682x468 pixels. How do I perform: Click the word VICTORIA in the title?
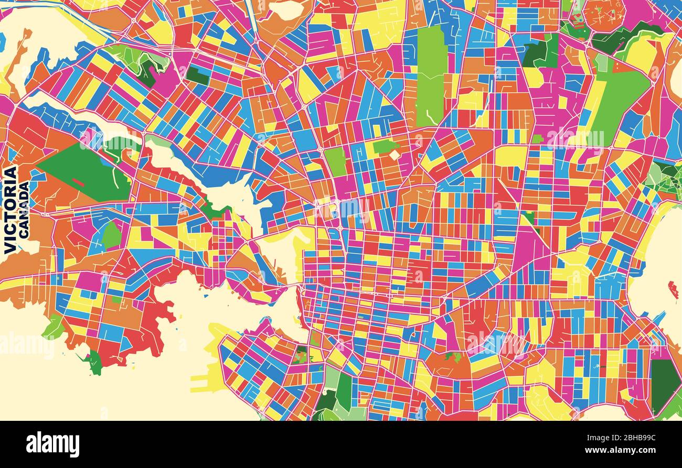click(10, 210)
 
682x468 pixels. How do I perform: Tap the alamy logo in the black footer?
click(52, 444)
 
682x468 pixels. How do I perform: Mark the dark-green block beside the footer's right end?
click(665, 385)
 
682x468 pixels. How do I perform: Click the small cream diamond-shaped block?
click(394, 155)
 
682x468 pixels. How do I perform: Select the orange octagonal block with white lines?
click(604, 15)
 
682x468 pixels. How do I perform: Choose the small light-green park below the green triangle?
click(111, 235)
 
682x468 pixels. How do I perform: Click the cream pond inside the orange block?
click(286, 9)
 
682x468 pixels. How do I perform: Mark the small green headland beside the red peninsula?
click(94, 362)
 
